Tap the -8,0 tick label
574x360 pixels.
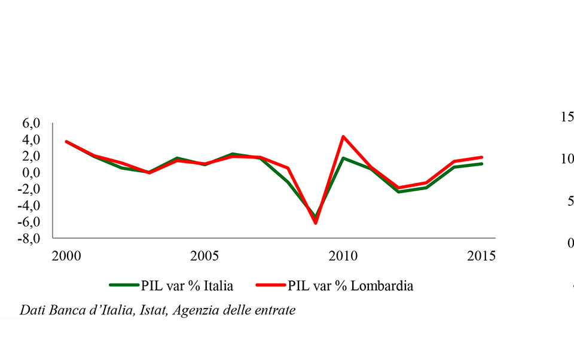coord(29,239)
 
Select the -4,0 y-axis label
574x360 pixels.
coord(29,206)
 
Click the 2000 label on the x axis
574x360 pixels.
coord(66,256)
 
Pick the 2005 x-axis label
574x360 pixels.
coord(204,256)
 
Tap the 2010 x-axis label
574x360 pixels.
coord(343,256)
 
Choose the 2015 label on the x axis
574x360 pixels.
coord(481,256)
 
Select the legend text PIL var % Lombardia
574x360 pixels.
coord(350,286)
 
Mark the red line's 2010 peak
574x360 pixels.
coord(343,136)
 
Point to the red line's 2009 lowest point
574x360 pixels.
coord(315,223)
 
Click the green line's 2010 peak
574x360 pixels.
coord(343,158)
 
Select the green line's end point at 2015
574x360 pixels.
coord(481,164)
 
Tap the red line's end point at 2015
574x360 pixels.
coord(481,157)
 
